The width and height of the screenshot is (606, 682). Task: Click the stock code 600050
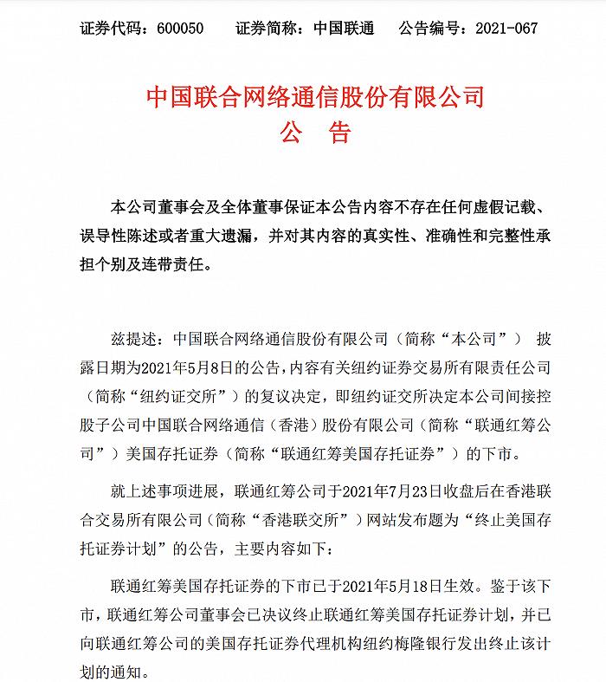pyautogui.click(x=180, y=29)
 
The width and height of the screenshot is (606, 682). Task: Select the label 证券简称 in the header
pyautogui.click(x=263, y=29)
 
